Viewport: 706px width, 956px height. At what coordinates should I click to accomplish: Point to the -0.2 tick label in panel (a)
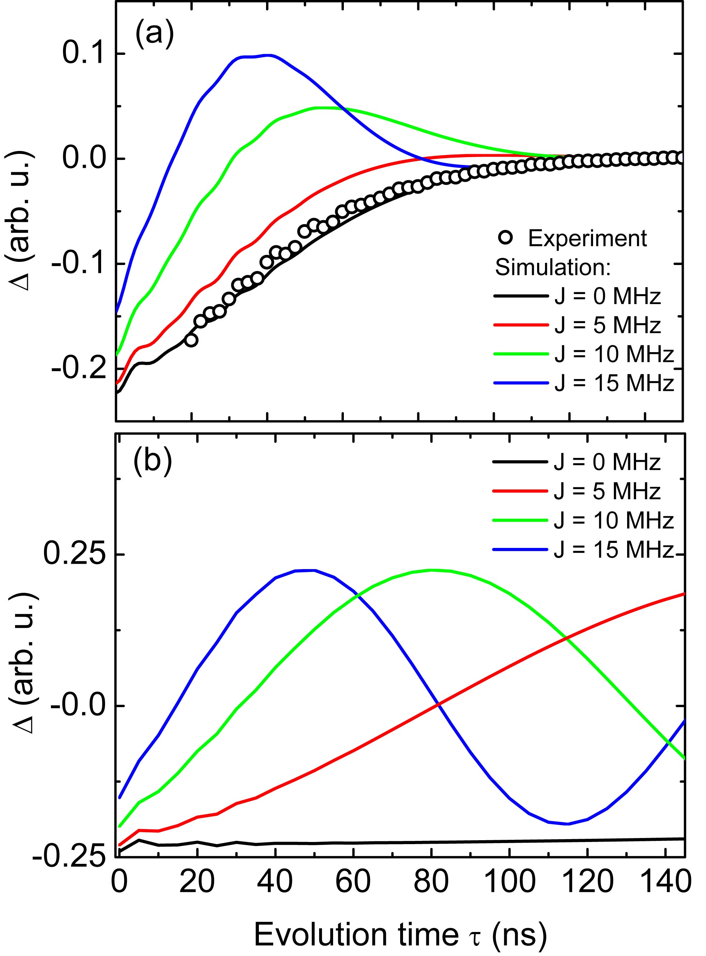click(x=78, y=369)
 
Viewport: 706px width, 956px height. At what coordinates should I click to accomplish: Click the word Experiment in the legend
click(x=588, y=238)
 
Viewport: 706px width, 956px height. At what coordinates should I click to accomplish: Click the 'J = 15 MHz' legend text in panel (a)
click(x=614, y=383)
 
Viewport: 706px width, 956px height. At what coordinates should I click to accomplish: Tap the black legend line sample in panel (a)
click(x=521, y=296)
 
